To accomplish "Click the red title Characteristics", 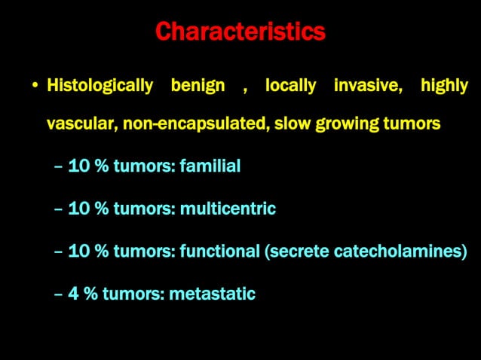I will [240, 32].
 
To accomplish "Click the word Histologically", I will [100, 86].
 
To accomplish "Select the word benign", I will [198, 86].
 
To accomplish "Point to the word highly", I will [444, 86].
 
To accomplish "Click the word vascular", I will [78, 124].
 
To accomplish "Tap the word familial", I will [210, 166].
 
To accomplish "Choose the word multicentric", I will [228, 209].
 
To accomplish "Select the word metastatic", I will [213, 294].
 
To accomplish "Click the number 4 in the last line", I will [74, 294].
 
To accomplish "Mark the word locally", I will [290, 86].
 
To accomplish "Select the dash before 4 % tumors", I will [59, 294].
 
